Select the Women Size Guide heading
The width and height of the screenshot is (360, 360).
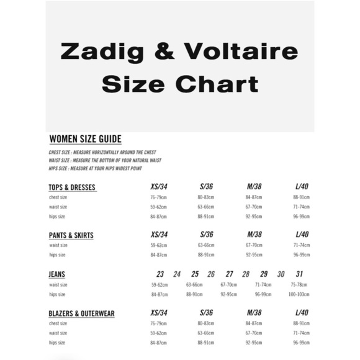click(x=85, y=139)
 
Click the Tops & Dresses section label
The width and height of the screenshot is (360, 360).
click(x=72, y=187)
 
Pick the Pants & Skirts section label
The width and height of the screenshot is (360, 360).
click(x=71, y=235)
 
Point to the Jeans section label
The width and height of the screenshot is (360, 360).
click(x=57, y=274)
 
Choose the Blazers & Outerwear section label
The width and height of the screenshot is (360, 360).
click(x=81, y=313)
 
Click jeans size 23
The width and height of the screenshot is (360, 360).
click(x=160, y=274)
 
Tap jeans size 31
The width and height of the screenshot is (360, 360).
click(x=300, y=274)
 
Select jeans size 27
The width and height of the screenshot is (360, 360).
click(x=230, y=274)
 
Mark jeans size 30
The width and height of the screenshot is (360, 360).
click(x=281, y=274)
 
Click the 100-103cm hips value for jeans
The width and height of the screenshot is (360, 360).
click(x=299, y=294)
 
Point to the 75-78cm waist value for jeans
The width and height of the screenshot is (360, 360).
click(x=299, y=284)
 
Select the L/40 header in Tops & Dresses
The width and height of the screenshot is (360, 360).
click(x=302, y=187)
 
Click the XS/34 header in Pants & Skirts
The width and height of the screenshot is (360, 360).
click(x=160, y=235)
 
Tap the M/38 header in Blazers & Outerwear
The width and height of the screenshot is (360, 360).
click(x=254, y=313)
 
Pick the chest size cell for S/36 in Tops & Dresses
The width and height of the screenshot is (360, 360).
click(x=206, y=197)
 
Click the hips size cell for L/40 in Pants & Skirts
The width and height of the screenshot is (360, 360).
click(x=302, y=254)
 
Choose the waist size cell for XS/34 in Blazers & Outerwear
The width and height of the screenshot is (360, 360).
click(x=160, y=333)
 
